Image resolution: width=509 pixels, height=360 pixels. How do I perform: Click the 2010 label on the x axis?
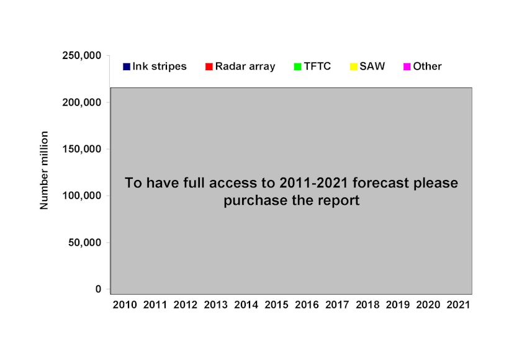coord(125,305)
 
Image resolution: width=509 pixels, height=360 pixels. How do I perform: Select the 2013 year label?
coord(215,305)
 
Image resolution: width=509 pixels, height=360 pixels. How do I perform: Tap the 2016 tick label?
coord(307,305)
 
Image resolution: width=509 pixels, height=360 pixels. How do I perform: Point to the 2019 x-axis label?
coord(397,305)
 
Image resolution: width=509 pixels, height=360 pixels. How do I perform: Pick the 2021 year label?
coord(458,305)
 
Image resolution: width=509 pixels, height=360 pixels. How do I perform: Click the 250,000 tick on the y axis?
coord(83,56)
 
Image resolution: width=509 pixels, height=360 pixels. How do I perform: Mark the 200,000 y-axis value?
coord(83,102)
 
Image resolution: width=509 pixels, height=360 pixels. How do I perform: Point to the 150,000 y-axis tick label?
coord(83,149)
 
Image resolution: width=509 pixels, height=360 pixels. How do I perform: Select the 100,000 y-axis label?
coord(83,196)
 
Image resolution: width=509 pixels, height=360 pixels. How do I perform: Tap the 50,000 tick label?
coord(86,242)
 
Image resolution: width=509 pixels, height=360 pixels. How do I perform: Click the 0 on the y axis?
coord(98,289)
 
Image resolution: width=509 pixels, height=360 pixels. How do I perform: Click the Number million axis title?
coord(45,170)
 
